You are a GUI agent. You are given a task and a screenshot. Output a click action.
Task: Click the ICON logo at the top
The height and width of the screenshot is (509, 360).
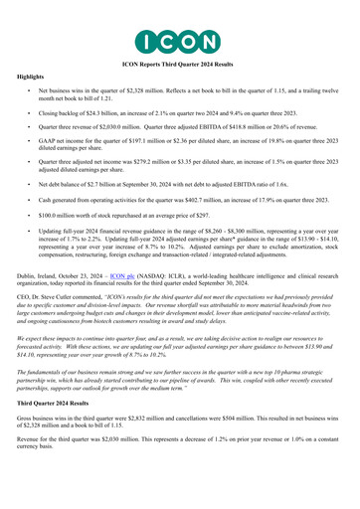(x=179, y=40)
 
